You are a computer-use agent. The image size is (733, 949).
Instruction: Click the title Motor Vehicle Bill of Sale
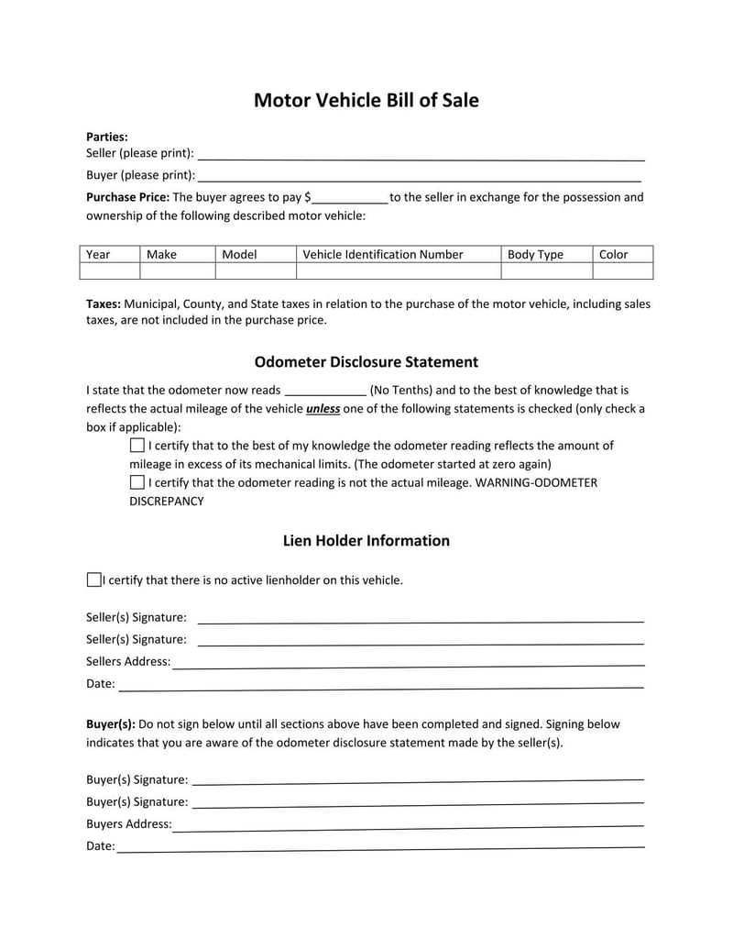coord(366,101)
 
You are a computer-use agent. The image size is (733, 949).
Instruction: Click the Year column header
coord(98,254)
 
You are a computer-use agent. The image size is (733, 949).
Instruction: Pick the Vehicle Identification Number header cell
coord(383,254)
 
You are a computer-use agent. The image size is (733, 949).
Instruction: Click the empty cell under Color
coord(622,270)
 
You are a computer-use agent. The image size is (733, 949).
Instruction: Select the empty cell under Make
coord(177,270)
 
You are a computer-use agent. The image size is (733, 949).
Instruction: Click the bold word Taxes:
coord(104,303)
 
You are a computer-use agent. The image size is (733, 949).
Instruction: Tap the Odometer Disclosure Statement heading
coord(366,362)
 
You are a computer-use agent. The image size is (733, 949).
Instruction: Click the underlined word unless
coord(323,409)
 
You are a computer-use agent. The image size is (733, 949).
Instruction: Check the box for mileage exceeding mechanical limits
coord(137,445)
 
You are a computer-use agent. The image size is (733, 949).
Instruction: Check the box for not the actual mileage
coord(137,482)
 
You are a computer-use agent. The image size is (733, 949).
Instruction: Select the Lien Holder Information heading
coord(366,541)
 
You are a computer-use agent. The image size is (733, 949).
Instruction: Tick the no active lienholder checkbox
coord(93,579)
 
